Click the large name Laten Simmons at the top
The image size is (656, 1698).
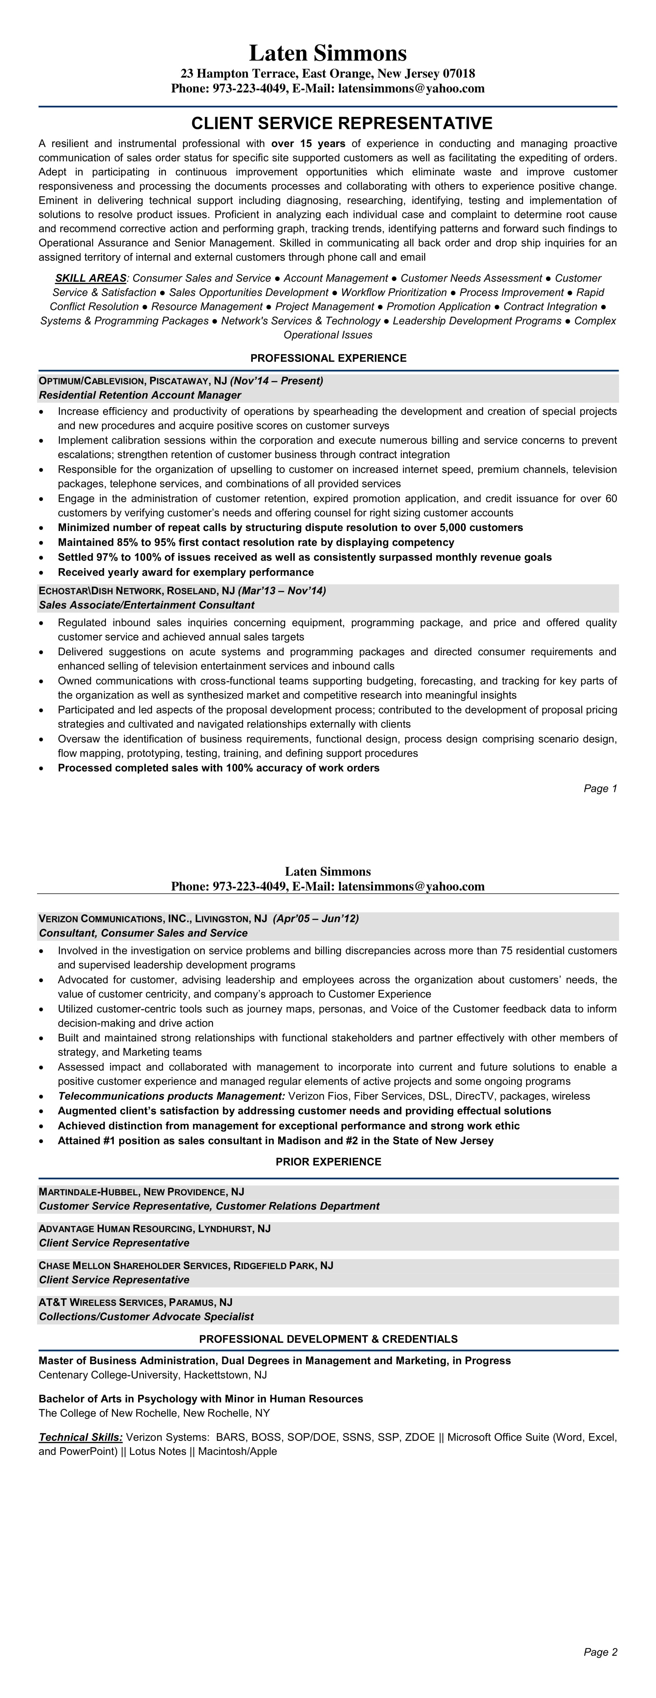tap(328, 53)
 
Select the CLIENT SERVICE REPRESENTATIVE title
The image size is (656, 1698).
tap(342, 123)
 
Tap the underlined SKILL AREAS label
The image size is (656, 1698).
tap(90, 278)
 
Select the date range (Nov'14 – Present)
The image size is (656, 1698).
tap(277, 381)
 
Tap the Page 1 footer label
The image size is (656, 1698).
tap(600, 788)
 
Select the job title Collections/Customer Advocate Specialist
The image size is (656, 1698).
tap(146, 1316)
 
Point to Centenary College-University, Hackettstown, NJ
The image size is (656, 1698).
tap(152, 1375)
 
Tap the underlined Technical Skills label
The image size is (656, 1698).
tap(80, 1437)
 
